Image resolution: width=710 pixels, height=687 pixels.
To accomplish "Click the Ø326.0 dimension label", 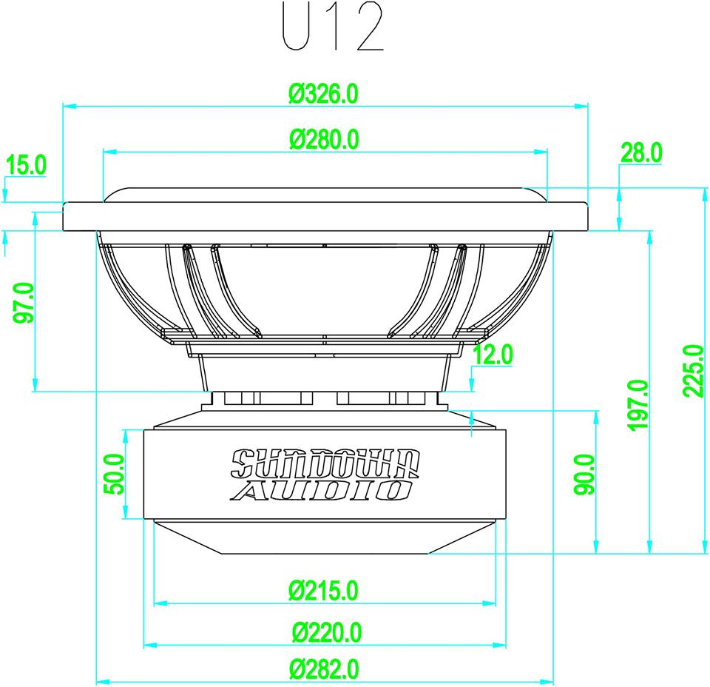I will (324, 94).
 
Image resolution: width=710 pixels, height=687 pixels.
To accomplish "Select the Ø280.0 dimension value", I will (324, 138).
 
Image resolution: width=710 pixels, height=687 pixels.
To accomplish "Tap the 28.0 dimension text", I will (640, 153).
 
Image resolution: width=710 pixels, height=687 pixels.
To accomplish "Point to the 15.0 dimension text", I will (26, 164).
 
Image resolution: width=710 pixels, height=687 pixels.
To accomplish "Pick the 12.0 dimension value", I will (493, 355).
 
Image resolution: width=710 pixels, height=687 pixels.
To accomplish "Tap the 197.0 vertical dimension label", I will (638, 405).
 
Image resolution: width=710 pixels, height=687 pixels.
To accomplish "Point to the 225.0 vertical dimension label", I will (692, 371).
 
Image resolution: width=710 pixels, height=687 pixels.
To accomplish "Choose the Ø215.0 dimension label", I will (324, 590).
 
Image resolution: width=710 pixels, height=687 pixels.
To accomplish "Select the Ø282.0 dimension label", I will (324, 669).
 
